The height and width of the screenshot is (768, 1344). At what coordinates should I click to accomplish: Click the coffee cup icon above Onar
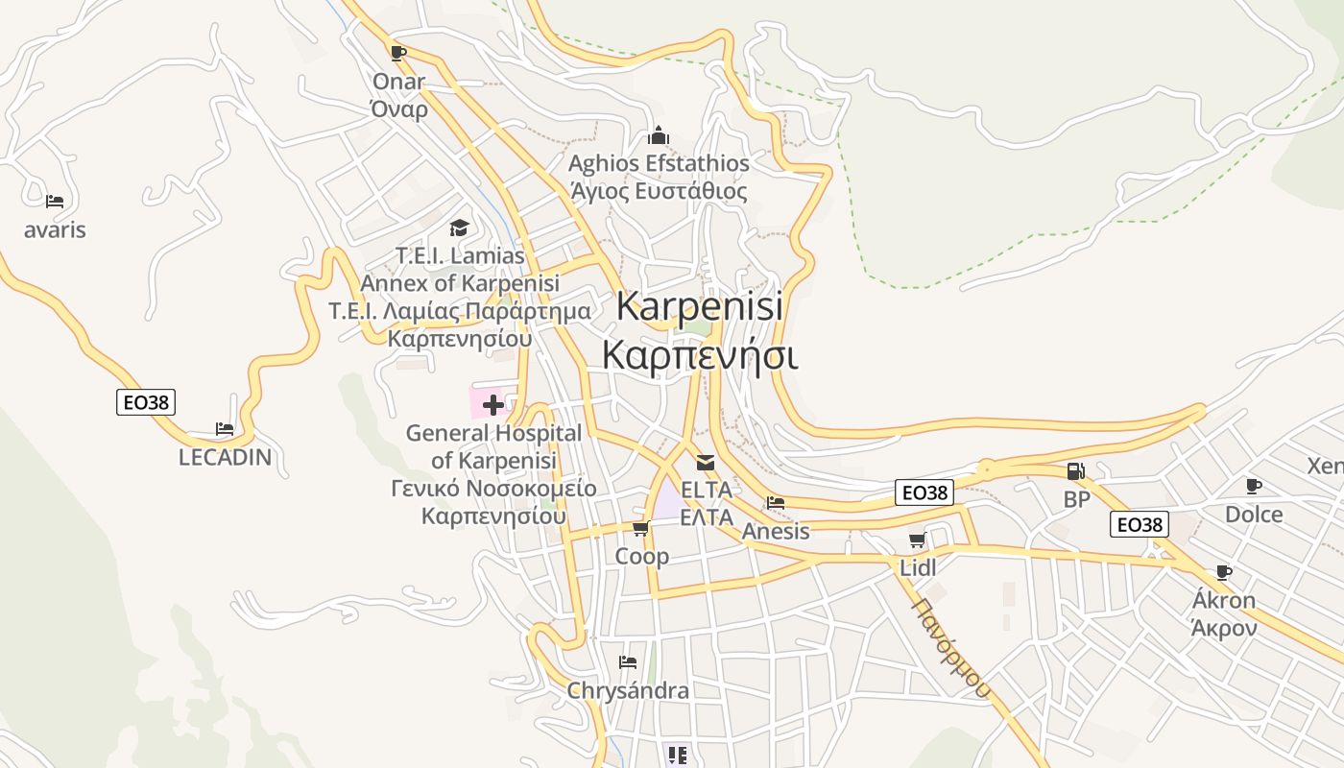pos(398,53)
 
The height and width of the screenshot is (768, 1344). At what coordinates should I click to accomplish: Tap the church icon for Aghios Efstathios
pos(658,135)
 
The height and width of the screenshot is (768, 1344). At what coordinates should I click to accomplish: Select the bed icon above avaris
pos(55,202)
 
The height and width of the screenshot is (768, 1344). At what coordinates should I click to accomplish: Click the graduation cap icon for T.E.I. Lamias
pos(459,228)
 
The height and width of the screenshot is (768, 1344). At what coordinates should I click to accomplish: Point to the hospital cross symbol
pos(493,404)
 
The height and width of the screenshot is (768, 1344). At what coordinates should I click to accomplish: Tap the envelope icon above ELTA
pos(706,463)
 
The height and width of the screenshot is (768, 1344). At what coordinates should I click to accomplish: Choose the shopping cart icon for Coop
pos(641,529)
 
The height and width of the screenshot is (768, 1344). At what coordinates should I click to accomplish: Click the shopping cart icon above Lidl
pos(917,540)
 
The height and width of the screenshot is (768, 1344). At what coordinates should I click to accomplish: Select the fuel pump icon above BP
pos(1076,471)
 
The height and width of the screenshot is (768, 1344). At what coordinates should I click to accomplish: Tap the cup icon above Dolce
pos(1253,486)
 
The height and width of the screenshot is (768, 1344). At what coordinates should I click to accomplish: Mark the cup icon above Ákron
pos(1223,573)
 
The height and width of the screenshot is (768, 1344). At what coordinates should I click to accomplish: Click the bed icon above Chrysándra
pos(628,662)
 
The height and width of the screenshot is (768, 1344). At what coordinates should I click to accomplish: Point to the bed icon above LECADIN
pos(225,429)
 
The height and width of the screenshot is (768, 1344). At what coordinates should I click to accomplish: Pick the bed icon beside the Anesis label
pos(776,502)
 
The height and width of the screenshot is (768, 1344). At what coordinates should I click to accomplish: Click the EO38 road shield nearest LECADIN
pos(146,402)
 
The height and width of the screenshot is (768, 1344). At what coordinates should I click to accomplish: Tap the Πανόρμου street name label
pos(950,648)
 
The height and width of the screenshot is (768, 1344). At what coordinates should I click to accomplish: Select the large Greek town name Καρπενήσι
pos(700,354)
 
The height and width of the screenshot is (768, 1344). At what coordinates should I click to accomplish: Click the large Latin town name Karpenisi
pos(700,306)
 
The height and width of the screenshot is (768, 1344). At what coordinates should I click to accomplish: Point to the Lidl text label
pos(918,567)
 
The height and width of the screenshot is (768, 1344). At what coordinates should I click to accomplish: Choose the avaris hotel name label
pos(55,230)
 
